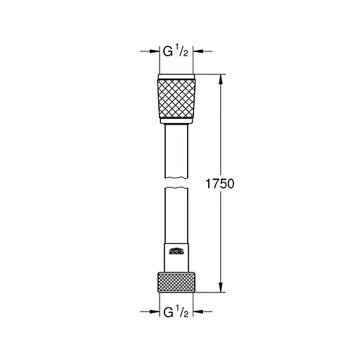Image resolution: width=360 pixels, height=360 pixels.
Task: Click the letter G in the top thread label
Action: (x=168, y=51)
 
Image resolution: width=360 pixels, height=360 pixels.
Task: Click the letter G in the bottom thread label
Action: (x=168, y=310)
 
